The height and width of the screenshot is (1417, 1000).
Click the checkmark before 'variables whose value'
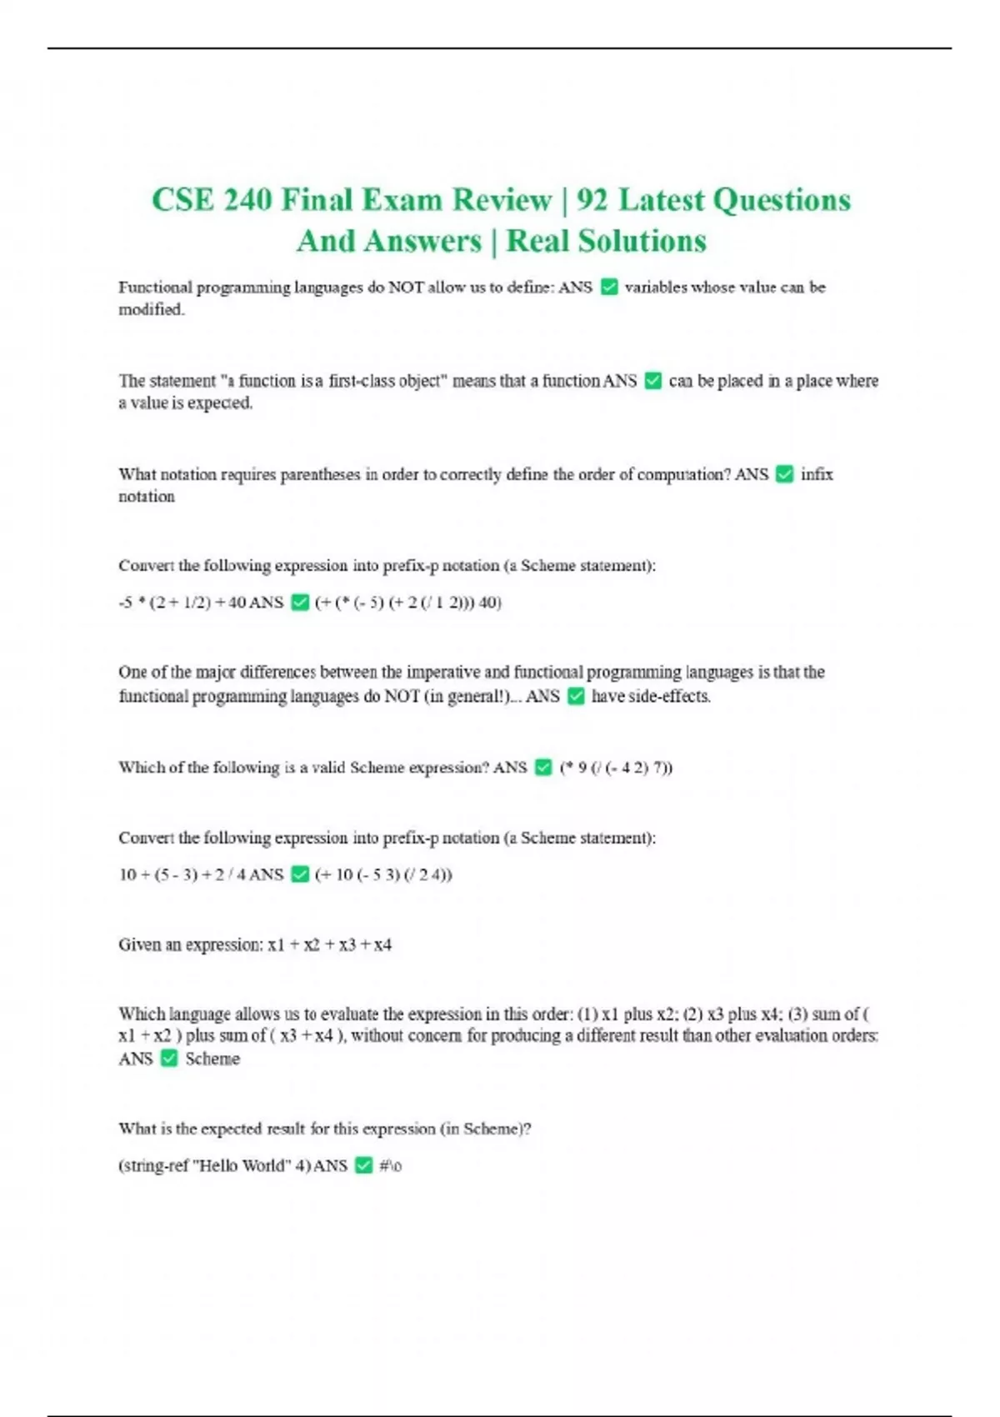pos(609,288)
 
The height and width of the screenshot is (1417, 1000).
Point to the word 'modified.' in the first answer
pos(152,309)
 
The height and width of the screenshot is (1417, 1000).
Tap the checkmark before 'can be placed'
pos(653,381)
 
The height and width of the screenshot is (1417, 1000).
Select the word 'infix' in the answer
pos(817,474)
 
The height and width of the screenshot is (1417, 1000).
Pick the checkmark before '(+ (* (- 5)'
pos(300,602)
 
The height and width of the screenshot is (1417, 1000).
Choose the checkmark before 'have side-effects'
pos(576,696)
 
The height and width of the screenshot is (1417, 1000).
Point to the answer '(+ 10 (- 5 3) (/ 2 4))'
pos(383,874)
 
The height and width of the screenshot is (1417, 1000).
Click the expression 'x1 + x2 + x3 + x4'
pos(329,944)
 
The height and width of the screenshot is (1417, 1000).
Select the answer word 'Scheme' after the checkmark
pos(212,1059)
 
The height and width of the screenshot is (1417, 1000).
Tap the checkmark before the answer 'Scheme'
pos(169,1059)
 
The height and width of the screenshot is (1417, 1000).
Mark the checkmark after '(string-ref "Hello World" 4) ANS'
pos(363,1165)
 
